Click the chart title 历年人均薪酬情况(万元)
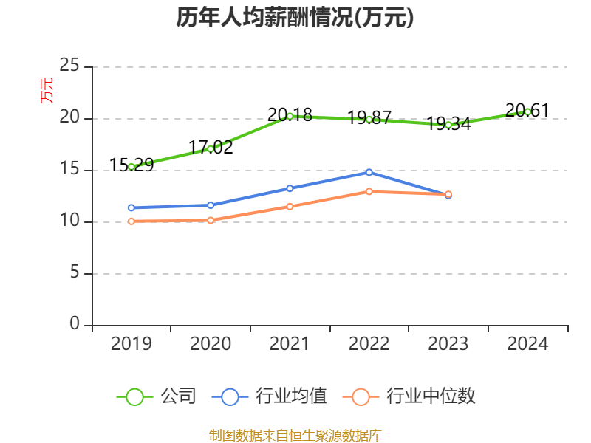295,18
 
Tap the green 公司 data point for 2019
131,167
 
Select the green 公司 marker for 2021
290,116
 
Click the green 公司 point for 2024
527,111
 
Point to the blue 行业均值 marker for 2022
369,172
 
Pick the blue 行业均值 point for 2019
131,207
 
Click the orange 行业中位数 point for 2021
290,206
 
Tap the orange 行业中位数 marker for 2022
369,191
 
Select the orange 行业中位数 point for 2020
211,220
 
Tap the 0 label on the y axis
75,324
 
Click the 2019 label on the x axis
131,343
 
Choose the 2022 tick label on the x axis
369,343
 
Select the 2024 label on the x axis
527,343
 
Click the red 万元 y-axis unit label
47,90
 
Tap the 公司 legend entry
157,396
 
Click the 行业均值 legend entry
270,396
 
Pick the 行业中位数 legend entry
411,396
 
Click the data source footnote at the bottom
295,435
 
